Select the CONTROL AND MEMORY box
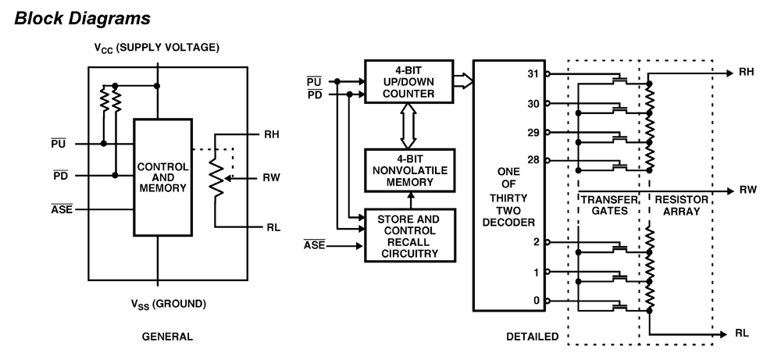[162, 177]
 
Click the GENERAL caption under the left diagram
[167, 337]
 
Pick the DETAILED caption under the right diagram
[533, 337]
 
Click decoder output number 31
[533, 74]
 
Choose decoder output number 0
[535, 301]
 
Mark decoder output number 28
[533, 160]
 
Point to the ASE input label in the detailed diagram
[315, 247]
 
